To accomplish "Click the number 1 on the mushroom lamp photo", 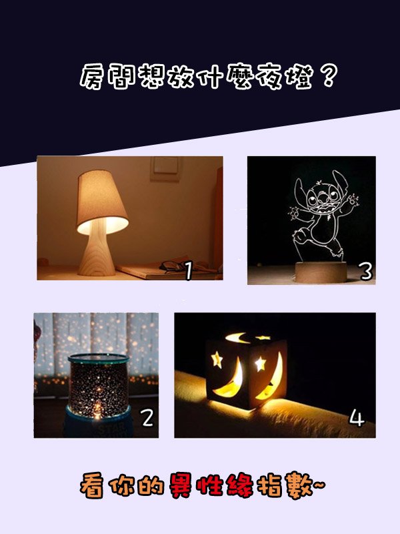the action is [188, 271].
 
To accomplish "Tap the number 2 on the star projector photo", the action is [147, 418].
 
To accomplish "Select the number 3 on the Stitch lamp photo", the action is [365, 272].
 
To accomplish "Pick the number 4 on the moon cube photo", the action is [357, 418].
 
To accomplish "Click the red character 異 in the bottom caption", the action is [182, 485].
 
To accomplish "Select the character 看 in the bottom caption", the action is [93, 486].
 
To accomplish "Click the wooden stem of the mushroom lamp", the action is [97, 250].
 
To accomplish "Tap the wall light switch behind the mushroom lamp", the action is [165, 169].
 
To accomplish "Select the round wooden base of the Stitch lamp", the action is [321, 272].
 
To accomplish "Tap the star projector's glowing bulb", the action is [97, 407].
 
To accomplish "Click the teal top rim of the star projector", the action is [98, 358].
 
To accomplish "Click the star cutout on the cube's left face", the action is [216, 360].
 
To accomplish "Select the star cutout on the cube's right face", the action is [260, 364].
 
